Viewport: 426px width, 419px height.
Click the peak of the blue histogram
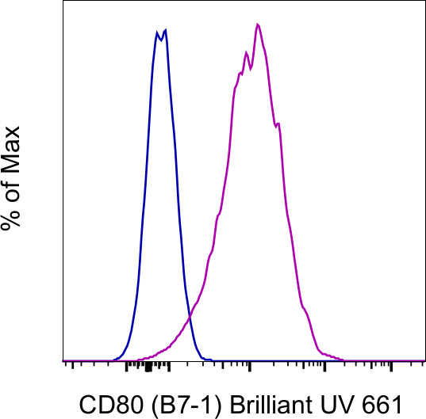click(165, 31)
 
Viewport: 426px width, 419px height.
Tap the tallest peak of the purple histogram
click(258, 25)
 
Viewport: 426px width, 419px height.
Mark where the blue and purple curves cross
click(189, 318)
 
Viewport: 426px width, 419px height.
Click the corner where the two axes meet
click(62, 361)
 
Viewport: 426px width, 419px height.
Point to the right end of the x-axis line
click(424, 361)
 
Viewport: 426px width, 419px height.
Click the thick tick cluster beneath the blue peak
click(148, 367)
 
